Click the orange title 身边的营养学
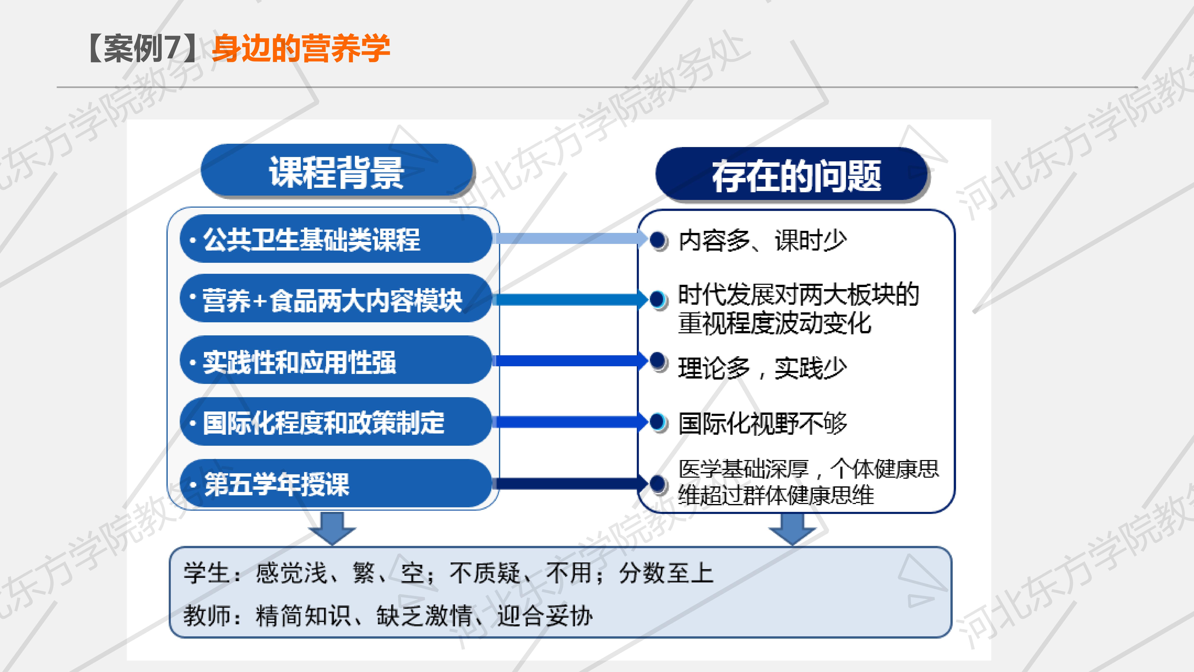click(x=301, y=48)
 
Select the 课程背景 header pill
click(x=337, y=172)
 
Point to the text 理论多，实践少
click(x=762, y=368)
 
